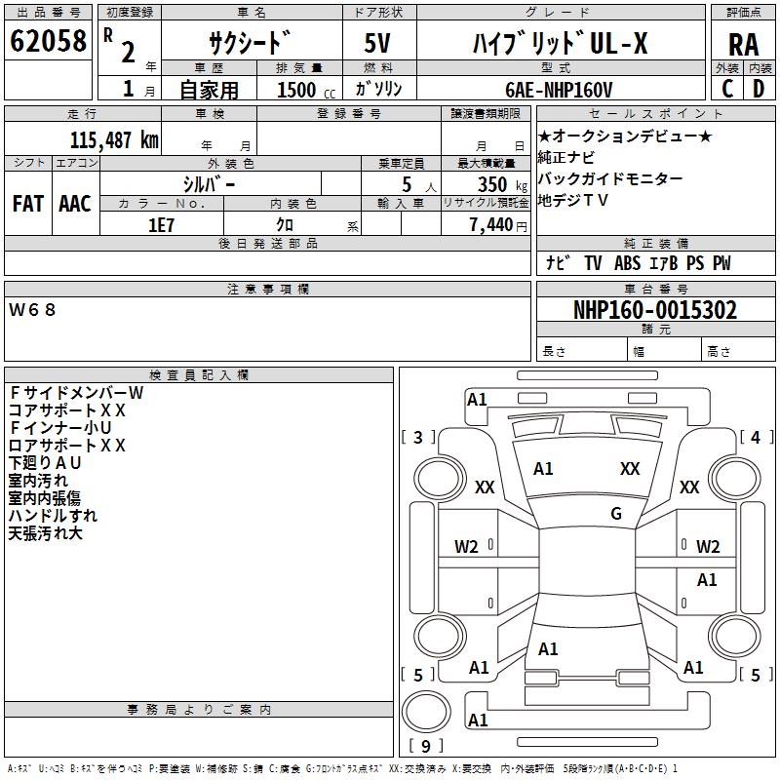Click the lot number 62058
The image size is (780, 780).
tap(48, 41)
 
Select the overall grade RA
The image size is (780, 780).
tap(743, 45)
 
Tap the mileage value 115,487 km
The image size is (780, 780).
tap(114, 140)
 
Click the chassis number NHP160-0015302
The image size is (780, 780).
tap(655, 310)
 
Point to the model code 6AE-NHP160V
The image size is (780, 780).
tap(559, 90)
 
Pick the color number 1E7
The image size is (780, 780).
tap(161, 225)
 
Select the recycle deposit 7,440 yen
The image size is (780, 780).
tap(498, 225)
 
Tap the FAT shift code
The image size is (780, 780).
tap(28, 204)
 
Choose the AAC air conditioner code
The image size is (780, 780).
tap(75, 204)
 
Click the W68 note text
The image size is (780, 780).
tap(32, 310)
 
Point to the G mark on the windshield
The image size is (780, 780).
tap(616, 513)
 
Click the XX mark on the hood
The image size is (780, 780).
tap(630, 468)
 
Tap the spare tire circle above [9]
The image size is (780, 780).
tap(426, 713)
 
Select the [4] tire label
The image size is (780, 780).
tap(756, 437)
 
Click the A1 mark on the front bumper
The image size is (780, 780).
tap(477, 400)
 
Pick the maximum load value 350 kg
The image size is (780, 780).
tap(502, 184)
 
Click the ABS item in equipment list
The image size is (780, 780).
tap(627, 263)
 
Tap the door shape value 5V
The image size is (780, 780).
tap(377, 43)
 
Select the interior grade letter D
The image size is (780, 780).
tap(759, 89)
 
